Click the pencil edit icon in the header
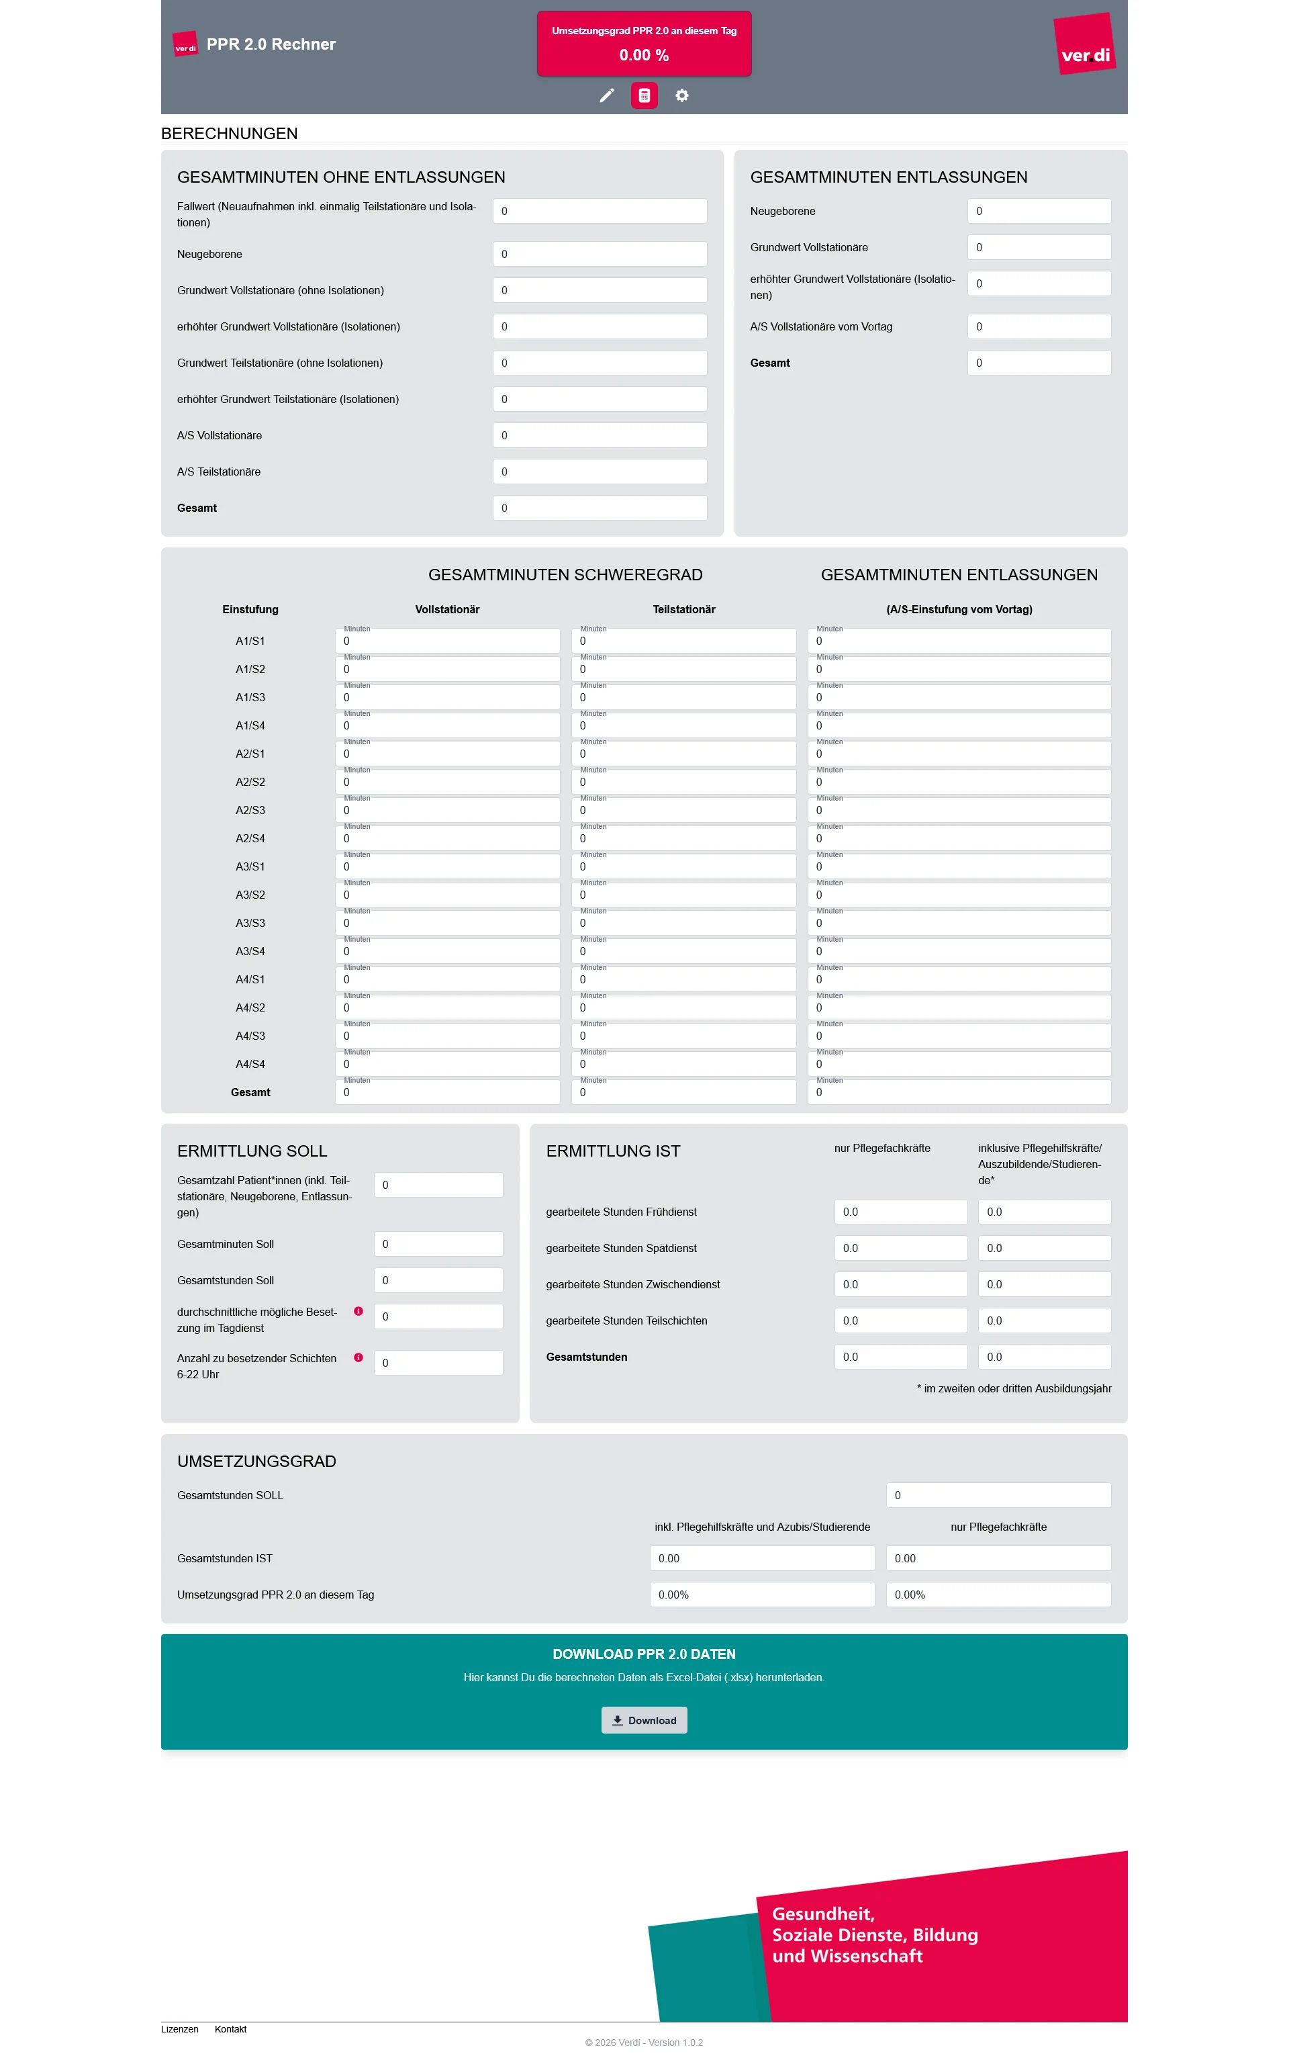pos(606,95)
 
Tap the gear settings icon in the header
pos(682,95)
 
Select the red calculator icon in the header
pos(644,95)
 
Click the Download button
pos(644,1719)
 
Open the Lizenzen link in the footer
pos(180,2028)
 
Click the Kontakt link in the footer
pos(230,2028)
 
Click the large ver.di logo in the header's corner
pos(1084,44)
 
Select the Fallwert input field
pos(600,211)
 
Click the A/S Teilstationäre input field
pos(600,472)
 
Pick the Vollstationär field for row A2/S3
pos(448,810)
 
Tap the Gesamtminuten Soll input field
pos(438,1244)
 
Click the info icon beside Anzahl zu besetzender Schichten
pos(358,1357)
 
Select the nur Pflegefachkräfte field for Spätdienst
pos(900,1248)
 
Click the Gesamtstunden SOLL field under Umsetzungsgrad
pos(998,1494)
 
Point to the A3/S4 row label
pos(250,950)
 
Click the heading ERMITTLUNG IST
pos(613,1151)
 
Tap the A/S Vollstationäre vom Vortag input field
pos(1039,326)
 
